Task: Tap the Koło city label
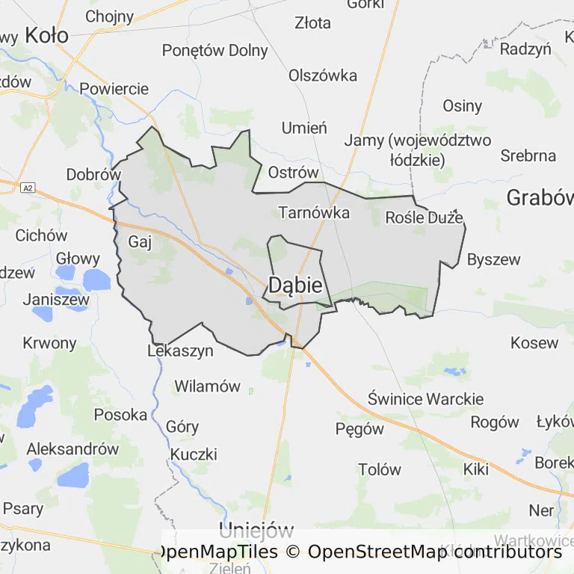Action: [46, 34]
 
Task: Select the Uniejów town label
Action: [256, 531]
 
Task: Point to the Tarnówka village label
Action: [314, 212]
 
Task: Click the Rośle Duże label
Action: [424, 217]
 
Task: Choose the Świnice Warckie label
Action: [425, 398]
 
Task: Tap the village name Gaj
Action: [140, 241]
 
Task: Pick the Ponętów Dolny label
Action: [215, 51]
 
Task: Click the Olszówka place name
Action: [323, 75]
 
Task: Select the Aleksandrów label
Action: [72, 449]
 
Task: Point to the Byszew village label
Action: [493, 259]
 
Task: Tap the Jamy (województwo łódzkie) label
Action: [417, 149]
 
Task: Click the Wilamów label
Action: [207, 386]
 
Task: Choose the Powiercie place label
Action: [114, 88]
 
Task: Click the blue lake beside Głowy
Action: [96, 280]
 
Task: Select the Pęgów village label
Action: [359, 429]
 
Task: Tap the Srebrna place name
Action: [528, 155]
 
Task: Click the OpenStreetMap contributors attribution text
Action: [434, 552]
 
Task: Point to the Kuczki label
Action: [194, 454]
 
